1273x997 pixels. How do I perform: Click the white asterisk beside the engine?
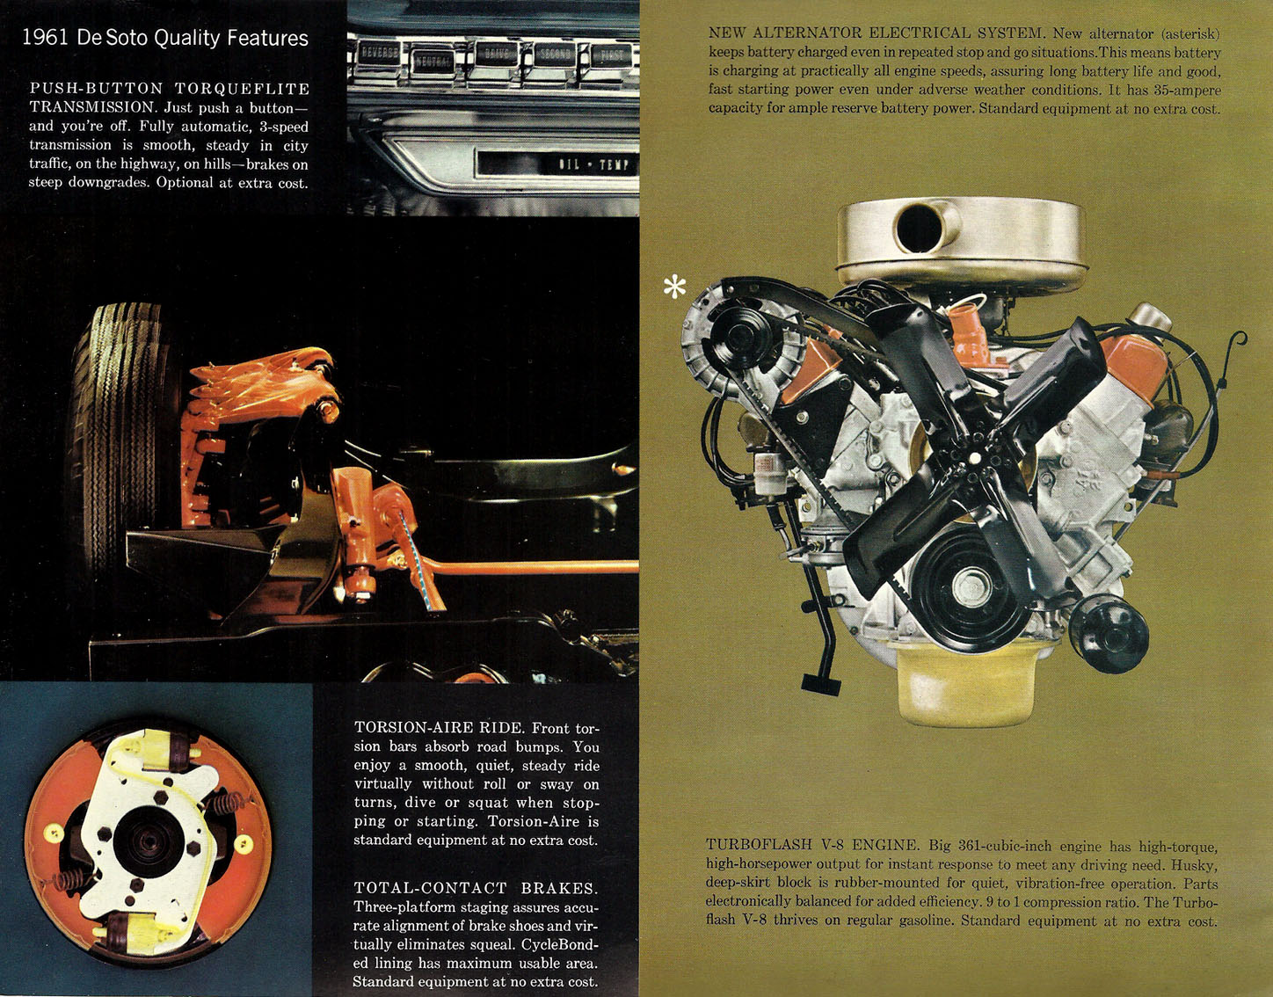[675, 287]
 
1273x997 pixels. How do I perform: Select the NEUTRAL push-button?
[433, 60]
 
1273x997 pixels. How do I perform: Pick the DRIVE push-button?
[496, 55]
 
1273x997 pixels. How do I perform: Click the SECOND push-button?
[554, 55]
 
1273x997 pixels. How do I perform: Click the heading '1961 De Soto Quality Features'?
[165, 38]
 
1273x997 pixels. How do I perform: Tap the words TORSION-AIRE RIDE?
[438, 728]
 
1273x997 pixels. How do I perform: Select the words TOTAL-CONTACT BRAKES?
[476, 888]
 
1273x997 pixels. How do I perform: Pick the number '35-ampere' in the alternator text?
[1188, 91]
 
